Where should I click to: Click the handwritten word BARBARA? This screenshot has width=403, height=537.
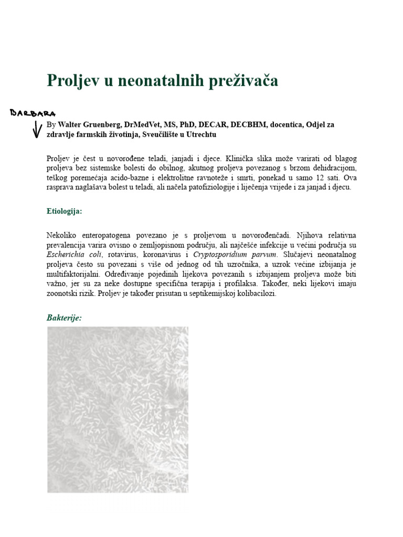point(33,113)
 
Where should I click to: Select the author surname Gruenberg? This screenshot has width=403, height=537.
point(107,125)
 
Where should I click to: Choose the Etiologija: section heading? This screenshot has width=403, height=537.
point(64,211)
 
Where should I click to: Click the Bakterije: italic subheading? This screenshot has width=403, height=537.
point(64,318)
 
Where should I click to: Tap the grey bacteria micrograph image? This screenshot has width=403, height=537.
point(118,410)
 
